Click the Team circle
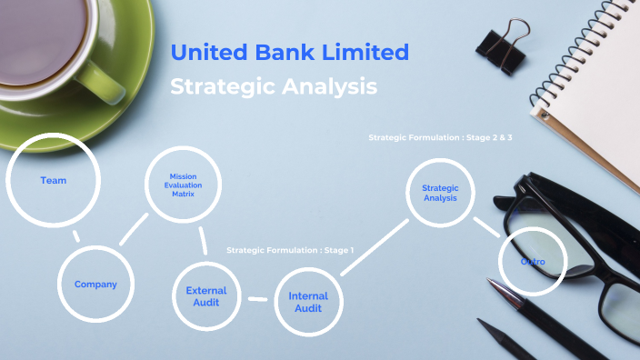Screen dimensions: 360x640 tap(53, 180)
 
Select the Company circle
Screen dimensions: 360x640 tap(95, 285)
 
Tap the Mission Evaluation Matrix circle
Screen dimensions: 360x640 tap(184, 185)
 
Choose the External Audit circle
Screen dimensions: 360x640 tap(206, 296)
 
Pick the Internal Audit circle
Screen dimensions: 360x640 tap(308, 302)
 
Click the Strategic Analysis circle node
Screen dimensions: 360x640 tap(440, 193)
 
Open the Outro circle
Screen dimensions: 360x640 tap(533, 262)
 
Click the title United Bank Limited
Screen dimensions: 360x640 tap(290, 53)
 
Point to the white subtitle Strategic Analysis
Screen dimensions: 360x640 tap(274, 87)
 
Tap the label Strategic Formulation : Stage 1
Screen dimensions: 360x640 tap(290, 249)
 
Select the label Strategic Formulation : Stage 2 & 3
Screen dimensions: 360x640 tap(440, 137)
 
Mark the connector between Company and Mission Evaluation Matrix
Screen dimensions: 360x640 tap(134, 229)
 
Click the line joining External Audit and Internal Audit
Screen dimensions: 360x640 tap(258, 298)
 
